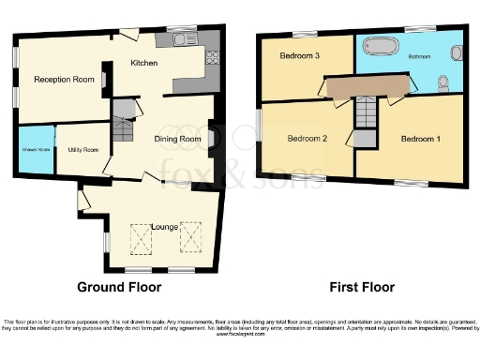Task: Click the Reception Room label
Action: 65,80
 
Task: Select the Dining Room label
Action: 178,139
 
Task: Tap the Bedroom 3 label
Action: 300,56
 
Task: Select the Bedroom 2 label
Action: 307,140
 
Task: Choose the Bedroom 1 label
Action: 420,140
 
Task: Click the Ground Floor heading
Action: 119,287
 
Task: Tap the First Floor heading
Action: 361,287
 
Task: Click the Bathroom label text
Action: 419,57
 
